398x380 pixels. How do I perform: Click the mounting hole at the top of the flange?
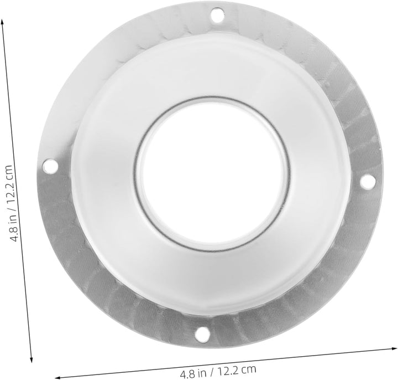(218, 15)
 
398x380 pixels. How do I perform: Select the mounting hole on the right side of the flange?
(368, 181)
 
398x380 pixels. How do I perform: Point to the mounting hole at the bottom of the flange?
(203, 333)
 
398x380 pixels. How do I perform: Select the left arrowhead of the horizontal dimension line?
(58, 377)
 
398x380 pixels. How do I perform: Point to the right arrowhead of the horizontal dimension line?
(395, 348)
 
